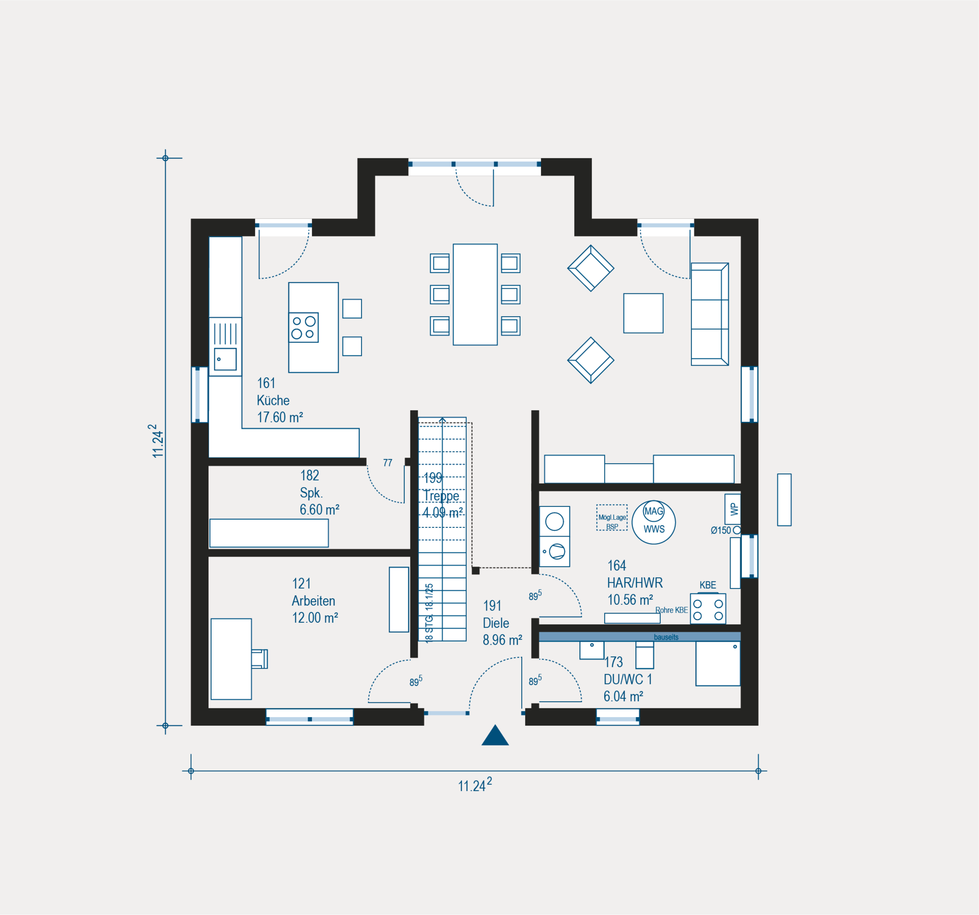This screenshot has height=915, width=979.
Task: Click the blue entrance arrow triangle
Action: [495, 736]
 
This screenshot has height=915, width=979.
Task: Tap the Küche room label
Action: [273, 400]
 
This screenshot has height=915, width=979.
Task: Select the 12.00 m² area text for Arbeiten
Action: [315, 618]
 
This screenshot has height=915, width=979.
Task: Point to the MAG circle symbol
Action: [653, 511]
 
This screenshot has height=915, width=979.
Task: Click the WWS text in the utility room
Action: [654, 529]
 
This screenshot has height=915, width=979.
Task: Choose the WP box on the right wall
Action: [733, 509]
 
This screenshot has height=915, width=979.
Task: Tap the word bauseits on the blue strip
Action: [666, 637]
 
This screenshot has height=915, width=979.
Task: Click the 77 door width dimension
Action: [388, 463]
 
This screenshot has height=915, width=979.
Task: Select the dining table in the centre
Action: [475, 294]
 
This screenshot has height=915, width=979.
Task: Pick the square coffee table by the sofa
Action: [643, 313]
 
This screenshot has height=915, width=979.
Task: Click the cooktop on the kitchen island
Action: [303, 327]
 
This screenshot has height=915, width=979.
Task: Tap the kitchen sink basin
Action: [225, 359]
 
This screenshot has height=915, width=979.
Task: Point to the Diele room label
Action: [496, 623]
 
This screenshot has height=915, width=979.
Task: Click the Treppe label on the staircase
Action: [441, 496]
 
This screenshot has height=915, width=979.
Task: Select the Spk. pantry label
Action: [311, 493]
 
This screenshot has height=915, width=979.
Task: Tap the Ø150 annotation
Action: [720, 530]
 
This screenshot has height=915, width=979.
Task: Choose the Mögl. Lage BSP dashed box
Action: [612, 518]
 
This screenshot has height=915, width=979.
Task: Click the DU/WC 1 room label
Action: [628, 679]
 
